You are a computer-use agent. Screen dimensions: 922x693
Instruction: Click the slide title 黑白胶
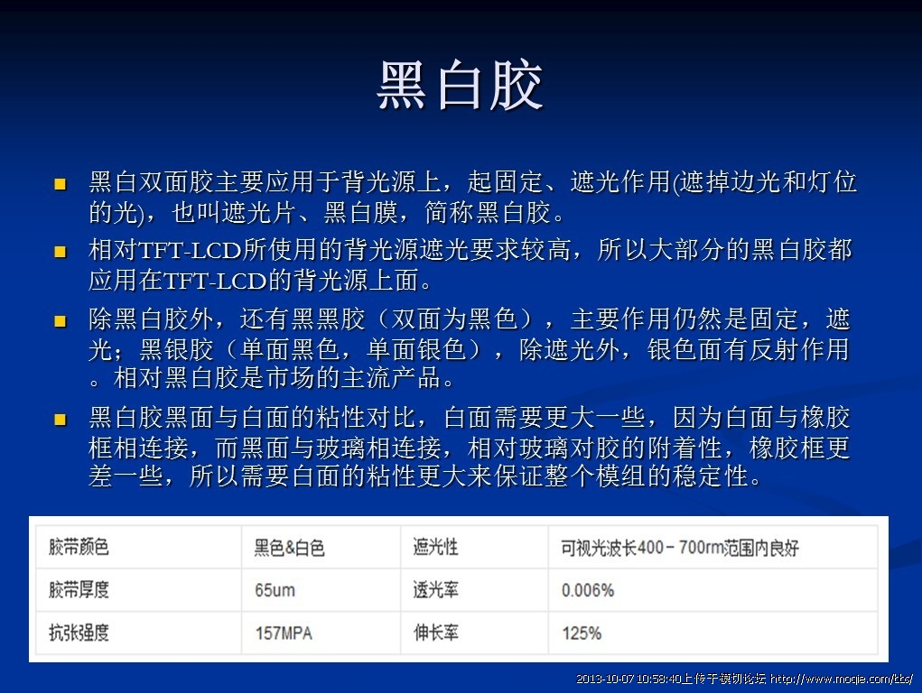tap(460, 85)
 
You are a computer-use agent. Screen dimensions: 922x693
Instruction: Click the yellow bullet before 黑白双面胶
tap(60, 185)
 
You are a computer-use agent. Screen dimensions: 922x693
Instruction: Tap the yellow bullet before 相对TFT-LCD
tap(60, 252)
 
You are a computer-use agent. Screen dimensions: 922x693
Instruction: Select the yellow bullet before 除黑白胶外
tap(60, 321)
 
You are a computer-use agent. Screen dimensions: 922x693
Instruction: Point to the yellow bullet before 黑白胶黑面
tap(60, 419)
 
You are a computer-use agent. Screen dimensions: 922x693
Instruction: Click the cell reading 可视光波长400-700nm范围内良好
tap(680, 548)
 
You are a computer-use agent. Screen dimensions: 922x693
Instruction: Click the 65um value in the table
tap(275, 590)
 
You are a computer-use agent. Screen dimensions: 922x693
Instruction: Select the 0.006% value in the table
tap(587, 590)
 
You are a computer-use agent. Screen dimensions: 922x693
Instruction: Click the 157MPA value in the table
tap(284, 633)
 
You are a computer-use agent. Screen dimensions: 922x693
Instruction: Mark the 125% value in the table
tap(582, 633)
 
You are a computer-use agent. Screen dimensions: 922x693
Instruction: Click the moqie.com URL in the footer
tap(842, 679)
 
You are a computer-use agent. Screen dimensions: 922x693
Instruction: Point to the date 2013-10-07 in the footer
tap(604, 679)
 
